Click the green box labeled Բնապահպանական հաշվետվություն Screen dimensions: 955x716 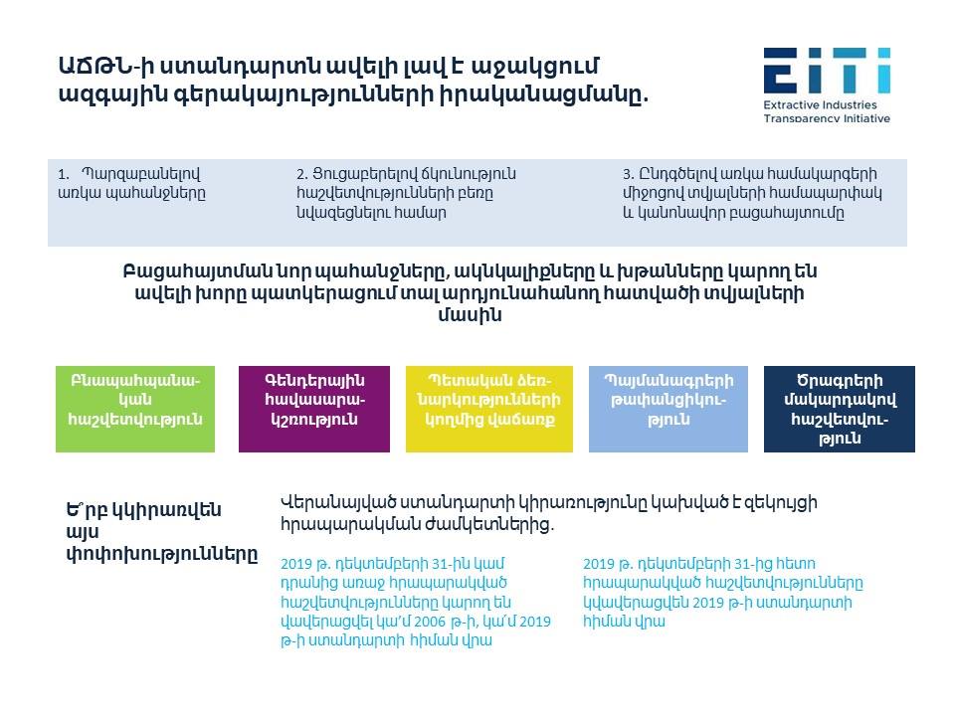pos(135,409)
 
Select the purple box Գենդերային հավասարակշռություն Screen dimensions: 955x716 pos(314,409)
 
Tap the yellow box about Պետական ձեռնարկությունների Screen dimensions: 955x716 pos(489,409)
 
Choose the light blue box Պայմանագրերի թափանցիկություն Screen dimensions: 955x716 pos(668,409)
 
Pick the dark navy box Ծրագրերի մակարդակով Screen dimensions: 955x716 pos(840,409)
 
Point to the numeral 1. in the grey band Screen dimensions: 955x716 pos(64,175)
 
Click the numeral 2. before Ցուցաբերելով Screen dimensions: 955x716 pos(302,175)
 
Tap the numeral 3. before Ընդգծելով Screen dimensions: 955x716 pos(629,175)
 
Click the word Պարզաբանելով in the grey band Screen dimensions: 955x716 pos(140,175)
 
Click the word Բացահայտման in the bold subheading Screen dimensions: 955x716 pos(194,271)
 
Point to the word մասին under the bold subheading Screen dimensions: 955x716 pos(470,315)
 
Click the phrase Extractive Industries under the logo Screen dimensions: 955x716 pos(820,104)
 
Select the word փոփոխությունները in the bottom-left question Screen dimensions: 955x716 pos(162,555)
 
